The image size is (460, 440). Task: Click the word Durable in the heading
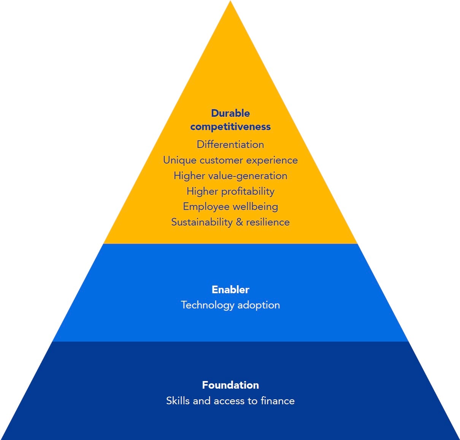230,113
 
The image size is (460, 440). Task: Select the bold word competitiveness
230,127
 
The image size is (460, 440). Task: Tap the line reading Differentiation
230,145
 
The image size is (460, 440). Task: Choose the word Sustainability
201,222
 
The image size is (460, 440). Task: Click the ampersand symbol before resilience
239,222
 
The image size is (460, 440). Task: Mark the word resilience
268,222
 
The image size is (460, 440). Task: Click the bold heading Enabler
230,289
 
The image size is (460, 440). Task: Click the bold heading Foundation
230,385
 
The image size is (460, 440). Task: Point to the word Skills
178,401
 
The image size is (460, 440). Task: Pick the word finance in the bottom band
278,401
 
